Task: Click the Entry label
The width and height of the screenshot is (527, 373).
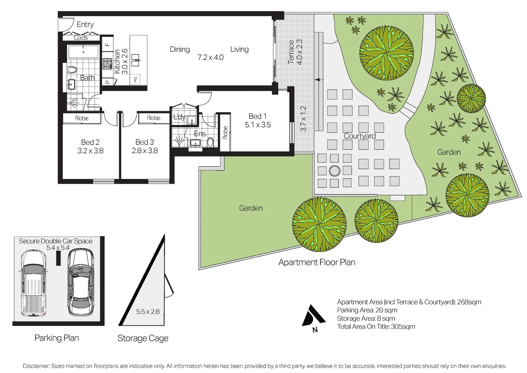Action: click(85, 25)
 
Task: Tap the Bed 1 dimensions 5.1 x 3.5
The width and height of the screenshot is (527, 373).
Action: click(258, 125)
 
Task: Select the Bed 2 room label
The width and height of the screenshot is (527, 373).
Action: click(90, 142)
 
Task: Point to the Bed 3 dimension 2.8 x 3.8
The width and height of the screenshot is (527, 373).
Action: click(145, 151)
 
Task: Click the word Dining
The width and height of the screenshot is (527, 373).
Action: click(180, 49)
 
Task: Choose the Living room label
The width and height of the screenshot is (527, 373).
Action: click(240, 49)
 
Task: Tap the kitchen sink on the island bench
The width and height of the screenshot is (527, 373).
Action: click(135, 60)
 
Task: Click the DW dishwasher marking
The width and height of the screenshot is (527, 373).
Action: click(135, 79)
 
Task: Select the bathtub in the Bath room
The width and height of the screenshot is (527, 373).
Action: click(84, 51)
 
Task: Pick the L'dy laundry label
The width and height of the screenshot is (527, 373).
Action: click(179, 117)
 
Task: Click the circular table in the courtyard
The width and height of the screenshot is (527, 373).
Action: click(335, 171)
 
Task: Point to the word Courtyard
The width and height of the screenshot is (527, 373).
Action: click(360, 136)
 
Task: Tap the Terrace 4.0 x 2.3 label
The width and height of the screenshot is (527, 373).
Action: click(295, 52)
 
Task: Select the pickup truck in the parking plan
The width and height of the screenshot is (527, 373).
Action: click(33, 283)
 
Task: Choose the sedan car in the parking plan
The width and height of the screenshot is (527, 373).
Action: click(81, 282)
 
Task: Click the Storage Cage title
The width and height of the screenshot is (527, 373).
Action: click(143, 338)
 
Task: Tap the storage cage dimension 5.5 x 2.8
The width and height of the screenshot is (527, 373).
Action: click(148, 312)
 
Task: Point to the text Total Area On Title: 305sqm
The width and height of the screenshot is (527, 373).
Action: click(376, 327)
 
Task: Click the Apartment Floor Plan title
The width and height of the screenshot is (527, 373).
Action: click(317, 262)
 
